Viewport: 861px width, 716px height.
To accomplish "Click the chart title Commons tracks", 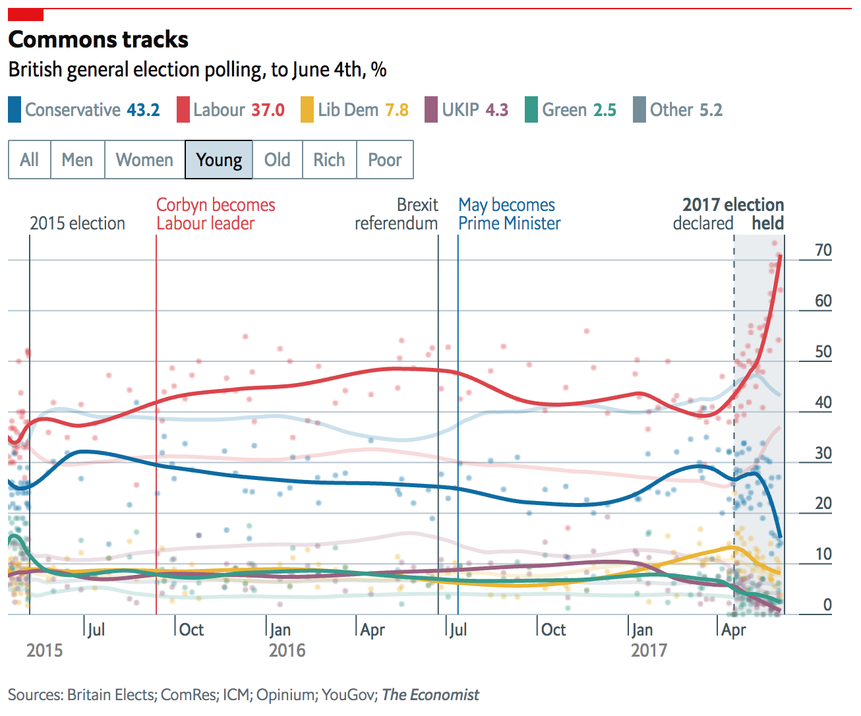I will click(98, 40).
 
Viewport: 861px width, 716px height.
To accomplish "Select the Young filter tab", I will click(219, 160).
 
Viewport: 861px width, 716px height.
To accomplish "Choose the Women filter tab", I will click(144, 160).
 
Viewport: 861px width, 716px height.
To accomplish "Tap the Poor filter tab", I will click(384, 160).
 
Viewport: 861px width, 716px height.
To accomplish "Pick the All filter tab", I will click(29, 160).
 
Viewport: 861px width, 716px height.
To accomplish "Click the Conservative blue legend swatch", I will click(15, 109).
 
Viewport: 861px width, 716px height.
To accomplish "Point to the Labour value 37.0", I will click(268, 109).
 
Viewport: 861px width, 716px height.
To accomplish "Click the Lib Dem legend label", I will click(348, 109).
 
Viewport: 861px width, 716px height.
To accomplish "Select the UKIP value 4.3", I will click(496, 109).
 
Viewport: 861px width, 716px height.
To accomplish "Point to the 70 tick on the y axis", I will click(823, 251).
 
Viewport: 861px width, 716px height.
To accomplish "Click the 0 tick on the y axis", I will click(827, 605).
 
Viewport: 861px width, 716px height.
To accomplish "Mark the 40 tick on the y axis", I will click(823, 402).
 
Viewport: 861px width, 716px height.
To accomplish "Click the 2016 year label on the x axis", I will click(287, 651).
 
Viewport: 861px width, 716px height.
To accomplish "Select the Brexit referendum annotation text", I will click(397, 214).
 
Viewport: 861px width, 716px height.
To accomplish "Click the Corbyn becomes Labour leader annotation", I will click(215, 214).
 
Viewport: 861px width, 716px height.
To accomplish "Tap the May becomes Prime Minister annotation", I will click(509, 214).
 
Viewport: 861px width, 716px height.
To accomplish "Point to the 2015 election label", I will click(77, 224).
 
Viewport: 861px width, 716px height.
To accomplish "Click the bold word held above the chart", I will click(768, 224).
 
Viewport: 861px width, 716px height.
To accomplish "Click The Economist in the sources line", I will click(430, 695).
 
